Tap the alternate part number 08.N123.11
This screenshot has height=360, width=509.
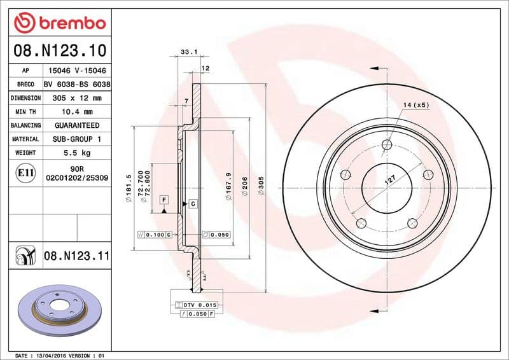tap(76, 256)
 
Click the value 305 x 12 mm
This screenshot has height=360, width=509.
tap(76, 98)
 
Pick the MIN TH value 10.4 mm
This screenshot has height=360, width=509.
tap(76, 112)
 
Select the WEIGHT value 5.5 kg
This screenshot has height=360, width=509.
tap(76, 153)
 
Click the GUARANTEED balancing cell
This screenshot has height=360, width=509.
tap(76, 125)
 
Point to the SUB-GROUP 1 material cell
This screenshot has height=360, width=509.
tap(76, 139)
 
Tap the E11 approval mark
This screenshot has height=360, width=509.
tap(25, 172)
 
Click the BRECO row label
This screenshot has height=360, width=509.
tap(25, 85)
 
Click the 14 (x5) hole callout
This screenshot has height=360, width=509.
tap(416, 104)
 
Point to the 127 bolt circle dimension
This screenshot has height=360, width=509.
tap(389, 181)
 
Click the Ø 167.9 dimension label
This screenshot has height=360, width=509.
tap(228, 187)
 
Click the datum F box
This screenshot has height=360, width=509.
tap(164, 200)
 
